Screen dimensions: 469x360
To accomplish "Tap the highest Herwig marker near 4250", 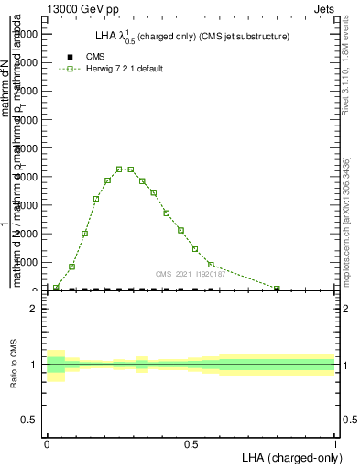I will pyautogui.click(x=119, y=169).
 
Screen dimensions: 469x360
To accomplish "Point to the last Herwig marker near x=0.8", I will pyautogui.click(x=277, y=289).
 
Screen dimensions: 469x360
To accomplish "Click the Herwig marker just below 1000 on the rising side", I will pyautogui.click(x=72, y=267).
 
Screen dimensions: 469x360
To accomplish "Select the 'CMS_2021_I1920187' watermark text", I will pyautogui.click(x=190, y=274).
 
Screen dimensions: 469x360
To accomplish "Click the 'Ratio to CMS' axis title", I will pyautogui.click(x=15, y=365).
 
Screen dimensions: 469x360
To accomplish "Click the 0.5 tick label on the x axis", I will pyautogui.click(x=191, y=443).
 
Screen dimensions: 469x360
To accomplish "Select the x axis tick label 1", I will pyautogui.click(x=335, y=443).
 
